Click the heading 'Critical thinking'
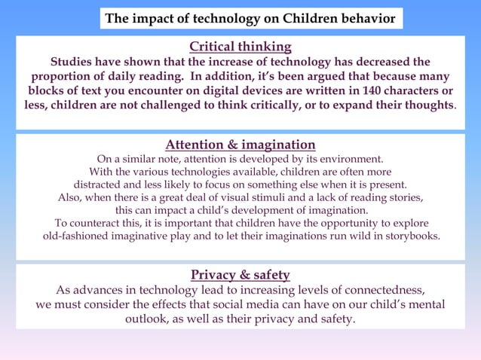coord(240,47)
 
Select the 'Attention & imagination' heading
coord(240,145)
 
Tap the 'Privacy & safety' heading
coord(240,275)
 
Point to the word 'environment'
coord(345,159)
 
